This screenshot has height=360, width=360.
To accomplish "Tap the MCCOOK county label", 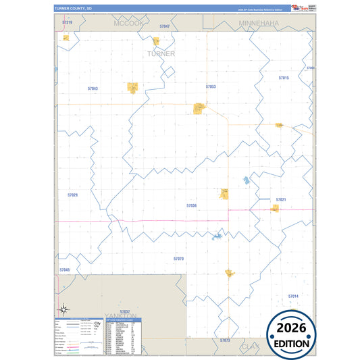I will (x=129, y=23).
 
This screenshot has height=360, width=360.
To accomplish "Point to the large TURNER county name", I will (x=161, y=53).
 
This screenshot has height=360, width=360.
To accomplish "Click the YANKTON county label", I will (x=121, y=316).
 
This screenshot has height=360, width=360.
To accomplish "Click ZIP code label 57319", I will (x=66, y=22).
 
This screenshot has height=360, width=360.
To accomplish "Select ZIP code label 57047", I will (x=165, y=26).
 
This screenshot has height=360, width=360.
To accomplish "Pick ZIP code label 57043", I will (x=93, y=88).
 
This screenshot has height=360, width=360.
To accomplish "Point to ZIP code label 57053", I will (x=211, y=86).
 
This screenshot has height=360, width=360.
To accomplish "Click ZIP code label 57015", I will (x=284, y=78).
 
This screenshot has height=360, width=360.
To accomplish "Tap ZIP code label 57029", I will (x=73, y=195).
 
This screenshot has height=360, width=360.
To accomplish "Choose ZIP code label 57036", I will (x=191, y=205).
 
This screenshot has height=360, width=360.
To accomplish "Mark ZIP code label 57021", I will (x=281, y=200).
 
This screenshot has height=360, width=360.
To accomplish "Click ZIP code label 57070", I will (x=178, y=259).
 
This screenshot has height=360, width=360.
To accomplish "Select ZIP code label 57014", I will (x=293, y=296).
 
